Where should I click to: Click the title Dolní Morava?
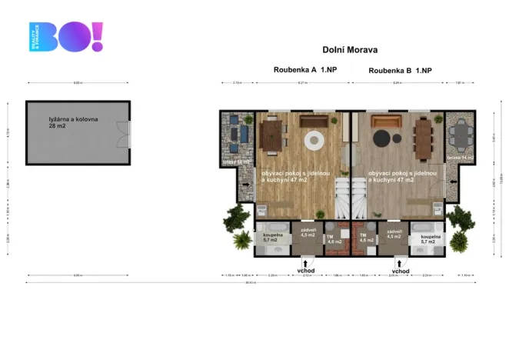pos(350,49)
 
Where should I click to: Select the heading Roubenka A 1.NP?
pos(304,69)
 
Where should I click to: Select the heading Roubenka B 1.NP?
pos(400,70)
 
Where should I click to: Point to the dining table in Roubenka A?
pos(272,136)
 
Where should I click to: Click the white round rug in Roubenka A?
pos(315,141)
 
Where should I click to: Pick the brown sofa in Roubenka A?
pos(312,121)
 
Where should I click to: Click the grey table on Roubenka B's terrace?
pos(461,137)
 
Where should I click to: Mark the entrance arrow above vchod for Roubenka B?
pos(400,262)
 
